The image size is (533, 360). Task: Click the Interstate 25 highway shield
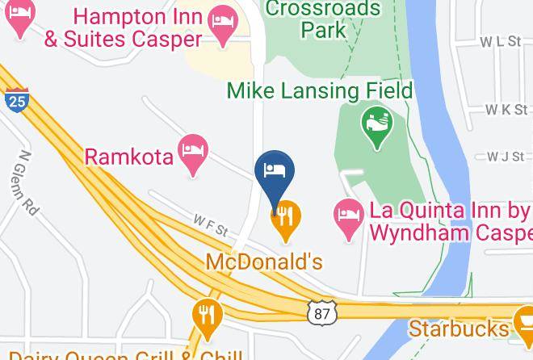pos(15,100)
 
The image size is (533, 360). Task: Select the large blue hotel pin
pos(274,172)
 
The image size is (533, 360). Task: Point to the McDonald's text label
pos(263,262)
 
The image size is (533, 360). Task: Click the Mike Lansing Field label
pos(320,90)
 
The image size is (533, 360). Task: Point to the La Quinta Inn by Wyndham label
pos(451,221)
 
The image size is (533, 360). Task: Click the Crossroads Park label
pos(322,19)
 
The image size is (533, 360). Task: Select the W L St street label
pos(501,41)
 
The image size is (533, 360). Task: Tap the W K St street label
pos(505,109)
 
